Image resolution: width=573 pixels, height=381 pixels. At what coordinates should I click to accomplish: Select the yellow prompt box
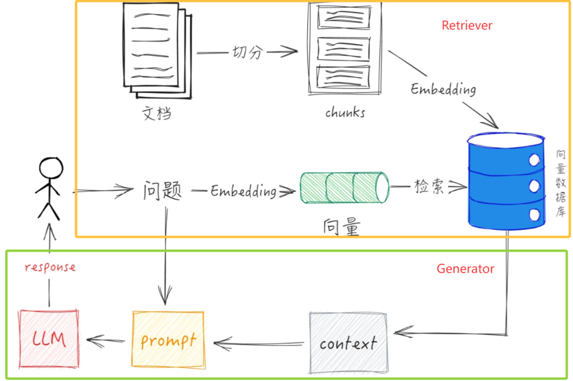[168, 340]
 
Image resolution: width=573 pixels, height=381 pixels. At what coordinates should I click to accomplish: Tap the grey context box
[348, 343]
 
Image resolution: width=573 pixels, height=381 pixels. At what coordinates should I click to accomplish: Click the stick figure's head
[50, 170]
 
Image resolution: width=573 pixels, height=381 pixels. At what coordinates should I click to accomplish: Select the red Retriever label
[466, 26]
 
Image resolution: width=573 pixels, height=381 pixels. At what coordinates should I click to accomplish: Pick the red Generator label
[465, 269]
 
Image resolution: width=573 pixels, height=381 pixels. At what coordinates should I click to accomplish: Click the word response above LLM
[50, 267]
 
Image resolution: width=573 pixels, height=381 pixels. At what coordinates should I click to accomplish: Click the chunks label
[345, 112]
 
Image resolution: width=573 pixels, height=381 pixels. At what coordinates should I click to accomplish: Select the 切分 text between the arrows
[248, 53]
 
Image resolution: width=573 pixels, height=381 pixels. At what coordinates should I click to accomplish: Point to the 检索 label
[429, 187]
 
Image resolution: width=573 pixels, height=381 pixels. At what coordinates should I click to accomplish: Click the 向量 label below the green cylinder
[342, 227]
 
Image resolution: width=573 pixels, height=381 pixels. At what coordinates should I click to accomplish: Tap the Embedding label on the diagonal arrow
[443, 89]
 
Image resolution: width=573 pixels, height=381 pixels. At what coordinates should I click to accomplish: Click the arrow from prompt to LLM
[105, 341]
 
